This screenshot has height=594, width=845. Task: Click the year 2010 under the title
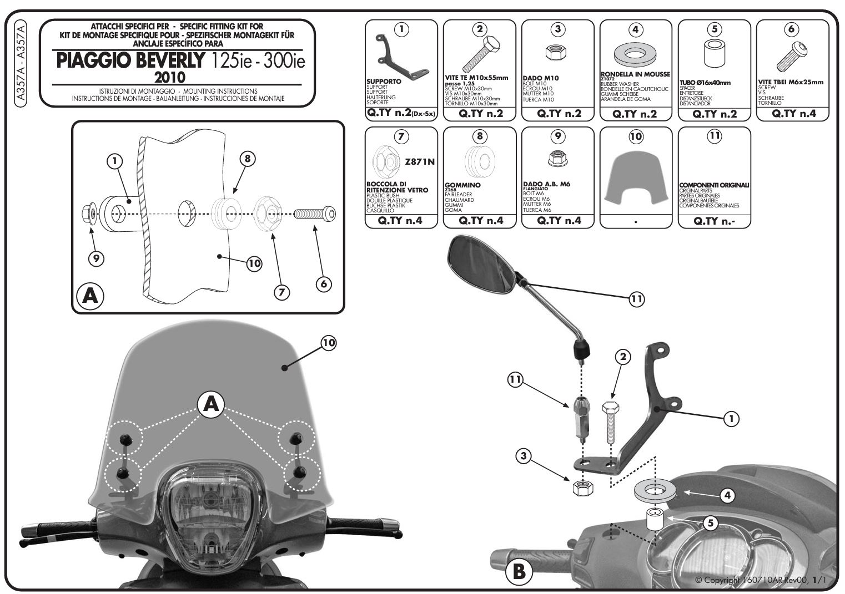170,76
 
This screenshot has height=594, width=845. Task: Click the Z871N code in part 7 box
420,162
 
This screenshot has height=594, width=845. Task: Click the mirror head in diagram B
481,263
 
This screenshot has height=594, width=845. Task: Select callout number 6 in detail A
323,283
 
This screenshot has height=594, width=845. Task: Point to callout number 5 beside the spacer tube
710,522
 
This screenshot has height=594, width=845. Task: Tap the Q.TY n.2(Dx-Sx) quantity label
401,114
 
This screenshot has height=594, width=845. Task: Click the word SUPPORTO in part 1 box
384,82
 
